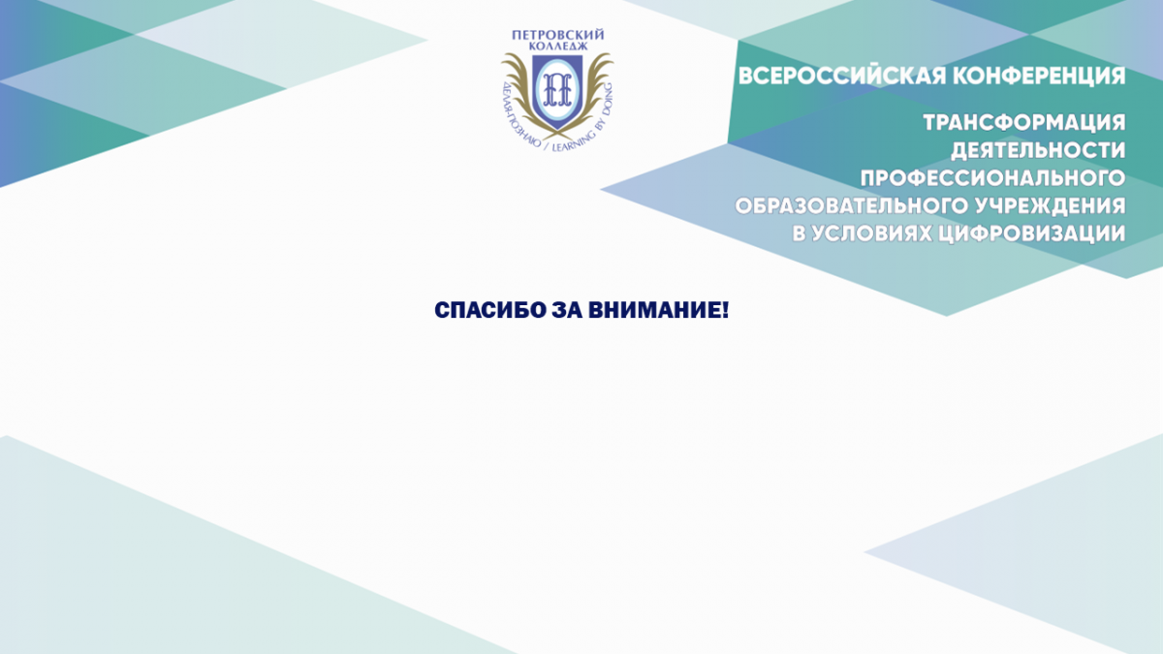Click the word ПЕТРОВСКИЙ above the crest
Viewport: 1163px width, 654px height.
(557, 35)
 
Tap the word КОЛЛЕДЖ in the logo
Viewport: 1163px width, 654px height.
(558, 47)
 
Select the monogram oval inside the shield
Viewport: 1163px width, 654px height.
(557, 88)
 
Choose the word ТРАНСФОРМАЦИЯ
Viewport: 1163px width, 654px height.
(1024, 122)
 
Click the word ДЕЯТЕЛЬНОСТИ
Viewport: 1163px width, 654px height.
(1038, 150)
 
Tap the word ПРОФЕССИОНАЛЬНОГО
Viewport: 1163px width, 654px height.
(992, 178)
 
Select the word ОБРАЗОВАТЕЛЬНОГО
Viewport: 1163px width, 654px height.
(852, 206)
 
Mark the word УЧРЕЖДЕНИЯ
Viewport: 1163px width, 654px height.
(1051, 206)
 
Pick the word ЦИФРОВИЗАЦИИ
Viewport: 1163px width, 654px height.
(1033, 234)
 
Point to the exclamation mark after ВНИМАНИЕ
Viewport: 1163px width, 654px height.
(725, 310)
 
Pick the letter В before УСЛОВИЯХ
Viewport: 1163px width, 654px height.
(799, 234)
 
